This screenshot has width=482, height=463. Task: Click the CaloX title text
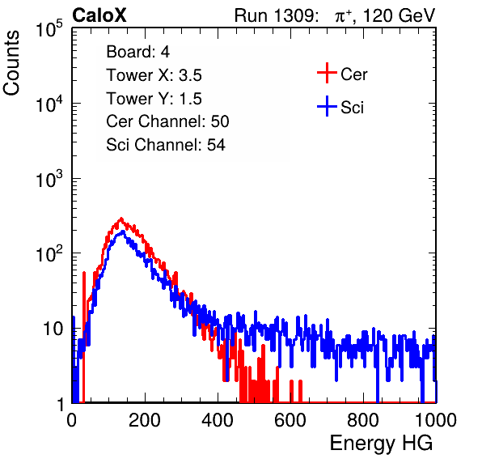(99, 15)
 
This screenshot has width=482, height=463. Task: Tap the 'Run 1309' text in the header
(274, 15)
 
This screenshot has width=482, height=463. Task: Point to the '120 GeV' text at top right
(400, 15)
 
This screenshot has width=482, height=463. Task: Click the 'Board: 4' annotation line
(137, 52)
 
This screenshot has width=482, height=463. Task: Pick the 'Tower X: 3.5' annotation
(154, 75)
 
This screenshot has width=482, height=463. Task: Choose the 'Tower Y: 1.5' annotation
(154, 99)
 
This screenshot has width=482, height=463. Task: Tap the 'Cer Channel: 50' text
(167, 121)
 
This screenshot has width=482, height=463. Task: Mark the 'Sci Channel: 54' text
(166, 145)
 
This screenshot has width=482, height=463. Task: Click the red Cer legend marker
(327, 73)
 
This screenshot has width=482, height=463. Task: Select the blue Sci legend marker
(327, 107)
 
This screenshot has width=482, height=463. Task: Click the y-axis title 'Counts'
(11, 63)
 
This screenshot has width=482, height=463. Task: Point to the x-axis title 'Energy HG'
(382, 444)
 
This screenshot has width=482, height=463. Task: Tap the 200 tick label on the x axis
(145, 420)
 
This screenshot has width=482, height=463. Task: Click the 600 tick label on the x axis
(290, 420)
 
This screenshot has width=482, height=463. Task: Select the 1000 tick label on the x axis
(436, 420)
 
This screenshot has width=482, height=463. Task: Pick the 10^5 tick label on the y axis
(49, 28)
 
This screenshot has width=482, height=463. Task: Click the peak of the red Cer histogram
(121, 219)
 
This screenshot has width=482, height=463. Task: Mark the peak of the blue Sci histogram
(123, 231)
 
